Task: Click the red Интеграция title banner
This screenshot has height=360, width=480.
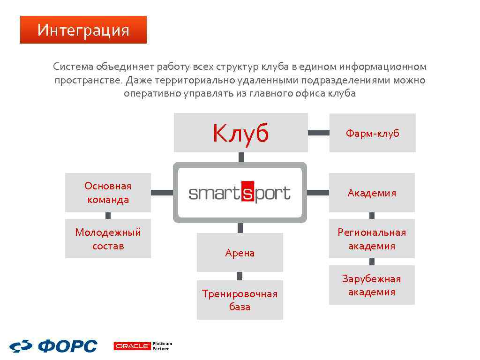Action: (83, 30)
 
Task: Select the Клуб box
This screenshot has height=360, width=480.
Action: (240, 133)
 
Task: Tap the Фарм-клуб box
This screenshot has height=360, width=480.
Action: (372, 133)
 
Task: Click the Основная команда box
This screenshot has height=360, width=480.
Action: (108, 193)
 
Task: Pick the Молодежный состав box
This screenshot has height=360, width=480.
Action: (108, 239)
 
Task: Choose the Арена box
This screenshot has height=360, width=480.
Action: (240, 253)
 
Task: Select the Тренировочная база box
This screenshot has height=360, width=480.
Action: (240, 300)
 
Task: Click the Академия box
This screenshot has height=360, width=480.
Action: (372, 193)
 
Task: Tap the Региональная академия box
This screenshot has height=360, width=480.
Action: (372, 239)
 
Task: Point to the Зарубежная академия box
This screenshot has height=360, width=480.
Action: (372, 285)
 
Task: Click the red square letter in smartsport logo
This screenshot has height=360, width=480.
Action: (247, 192)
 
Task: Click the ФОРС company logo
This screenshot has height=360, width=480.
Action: (53, 346)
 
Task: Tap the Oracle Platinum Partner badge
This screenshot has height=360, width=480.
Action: (143, 346)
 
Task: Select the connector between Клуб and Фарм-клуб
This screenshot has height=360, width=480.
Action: (319, 133)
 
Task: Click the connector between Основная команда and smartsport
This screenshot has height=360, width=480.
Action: (162, 192)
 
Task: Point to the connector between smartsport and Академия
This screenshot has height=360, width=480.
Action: (318, 192)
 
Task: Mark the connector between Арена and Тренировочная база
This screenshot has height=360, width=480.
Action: (240, 276)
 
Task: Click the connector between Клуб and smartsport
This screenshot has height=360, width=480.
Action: (241, 157)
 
